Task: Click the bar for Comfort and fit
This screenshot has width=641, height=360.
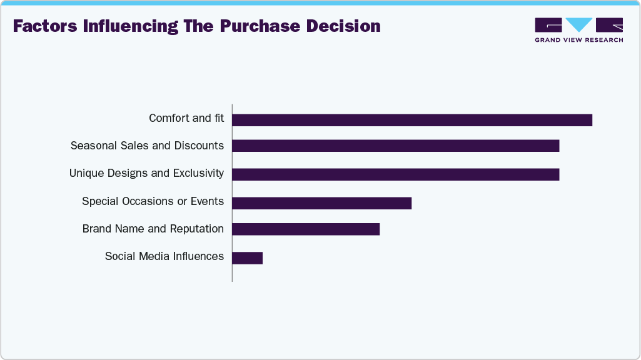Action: coord(411,120)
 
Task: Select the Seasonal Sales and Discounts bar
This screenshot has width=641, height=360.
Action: coord(395,146)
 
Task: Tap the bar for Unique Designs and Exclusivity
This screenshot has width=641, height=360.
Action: coord(395,174)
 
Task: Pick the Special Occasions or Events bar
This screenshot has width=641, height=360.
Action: coord(321,202)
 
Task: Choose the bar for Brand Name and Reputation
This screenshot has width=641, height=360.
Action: coord(306,229)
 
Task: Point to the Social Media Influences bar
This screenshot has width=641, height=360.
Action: coord(247,257)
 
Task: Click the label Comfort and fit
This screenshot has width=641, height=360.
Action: coord(186,118)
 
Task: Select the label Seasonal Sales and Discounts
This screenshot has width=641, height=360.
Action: coord(147,146)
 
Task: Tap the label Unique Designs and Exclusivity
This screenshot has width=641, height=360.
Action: coord(146,173)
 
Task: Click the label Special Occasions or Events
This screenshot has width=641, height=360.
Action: coord(153,201)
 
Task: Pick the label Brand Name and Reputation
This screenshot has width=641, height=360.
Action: coord(153,229)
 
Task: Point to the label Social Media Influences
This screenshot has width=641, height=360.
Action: coord(164,256)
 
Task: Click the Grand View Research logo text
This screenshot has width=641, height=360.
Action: coord(578,40)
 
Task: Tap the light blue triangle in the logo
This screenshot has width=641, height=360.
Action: coord(579,24)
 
